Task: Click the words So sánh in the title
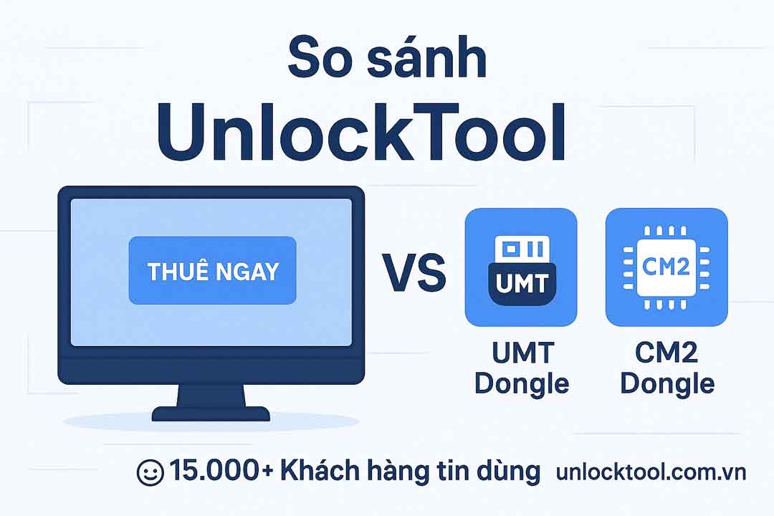pos(387,57)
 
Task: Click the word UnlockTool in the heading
pos(361,133)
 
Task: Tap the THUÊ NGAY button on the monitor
pos(212,271)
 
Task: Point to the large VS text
pos(414,272)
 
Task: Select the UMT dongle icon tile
pos(521,267)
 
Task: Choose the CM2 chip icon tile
pos(666,267)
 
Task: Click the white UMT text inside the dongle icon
pos(522,283)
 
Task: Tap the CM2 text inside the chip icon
pos(665,267)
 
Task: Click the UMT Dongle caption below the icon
pos(522,368)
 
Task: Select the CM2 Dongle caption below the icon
pos(667,368)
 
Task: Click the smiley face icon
pos(150,472)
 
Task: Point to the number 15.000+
pos(221,471)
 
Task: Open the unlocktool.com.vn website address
pos(651,472)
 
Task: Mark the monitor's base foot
pos(211,414)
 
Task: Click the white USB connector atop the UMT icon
pos(522,249)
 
